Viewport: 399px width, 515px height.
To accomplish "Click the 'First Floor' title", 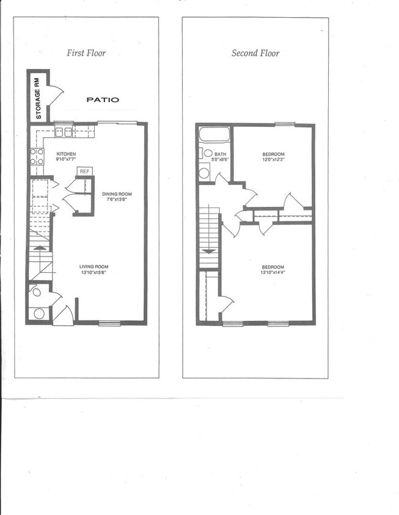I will pyautogui.click(x=86, y=53).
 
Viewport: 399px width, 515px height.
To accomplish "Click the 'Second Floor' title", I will pyautogui.click(x=255, y=53).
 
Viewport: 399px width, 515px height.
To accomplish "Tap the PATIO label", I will pyautogui.click(x=103, y=99).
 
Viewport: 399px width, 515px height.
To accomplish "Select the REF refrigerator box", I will pyautogui.click(x=84, y=171).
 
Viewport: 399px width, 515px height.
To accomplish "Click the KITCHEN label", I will pyautogui.click(x=66, y=154).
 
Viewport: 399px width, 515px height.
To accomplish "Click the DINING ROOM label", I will pyautogui.click(x=117, y=195).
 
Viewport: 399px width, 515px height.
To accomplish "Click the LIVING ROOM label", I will pyautogui.click(x=93, y=267).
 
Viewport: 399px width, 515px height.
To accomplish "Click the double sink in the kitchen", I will pyautogui.click(x=64, y=131).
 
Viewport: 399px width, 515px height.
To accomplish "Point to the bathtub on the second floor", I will pyautogui.click(x=213, y=134).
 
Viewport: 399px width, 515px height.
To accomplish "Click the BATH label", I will pyautogui.click(x=220, y=154).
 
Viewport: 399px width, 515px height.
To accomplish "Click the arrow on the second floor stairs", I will pyautogui.click(x=209, y=250).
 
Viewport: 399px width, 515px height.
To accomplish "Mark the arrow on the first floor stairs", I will pyautogui.click(x=40, y=248).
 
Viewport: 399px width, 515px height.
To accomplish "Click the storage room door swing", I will pyautogui.click(x=55, y=95).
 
